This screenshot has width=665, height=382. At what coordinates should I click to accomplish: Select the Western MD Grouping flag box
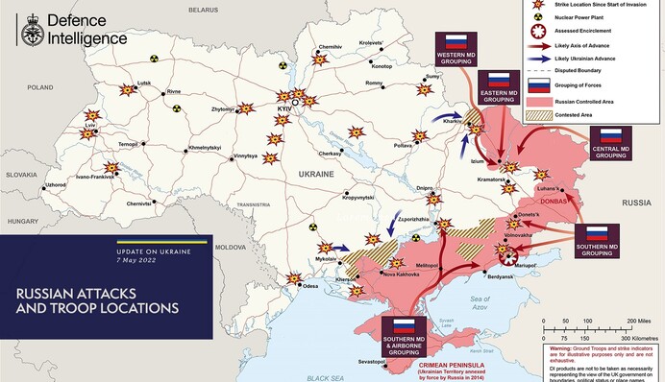pyautogui.click(x=456, y=51)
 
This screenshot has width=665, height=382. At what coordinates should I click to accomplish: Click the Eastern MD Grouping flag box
pyautogui.click(x=498, y=87)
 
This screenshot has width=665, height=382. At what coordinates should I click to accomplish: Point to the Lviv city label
pyautogui.click(x=90, y=126)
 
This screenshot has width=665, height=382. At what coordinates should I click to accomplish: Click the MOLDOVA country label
pyautogui.click(x=231, y=247)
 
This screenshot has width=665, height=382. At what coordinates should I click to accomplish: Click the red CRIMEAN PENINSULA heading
pyautogui.click(x=450, y=365)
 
